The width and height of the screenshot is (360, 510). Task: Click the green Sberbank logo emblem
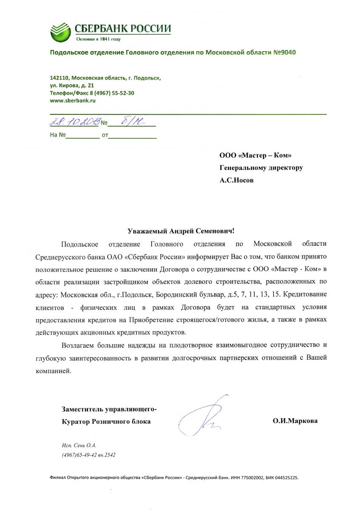pos(61,31)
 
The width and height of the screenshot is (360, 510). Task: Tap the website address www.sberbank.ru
pos(73,101)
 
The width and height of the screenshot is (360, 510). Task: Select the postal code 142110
pos(59,78)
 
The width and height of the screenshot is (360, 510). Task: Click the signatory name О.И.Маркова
pos(295,421)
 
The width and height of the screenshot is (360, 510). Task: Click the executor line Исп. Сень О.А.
pos(79,445)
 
